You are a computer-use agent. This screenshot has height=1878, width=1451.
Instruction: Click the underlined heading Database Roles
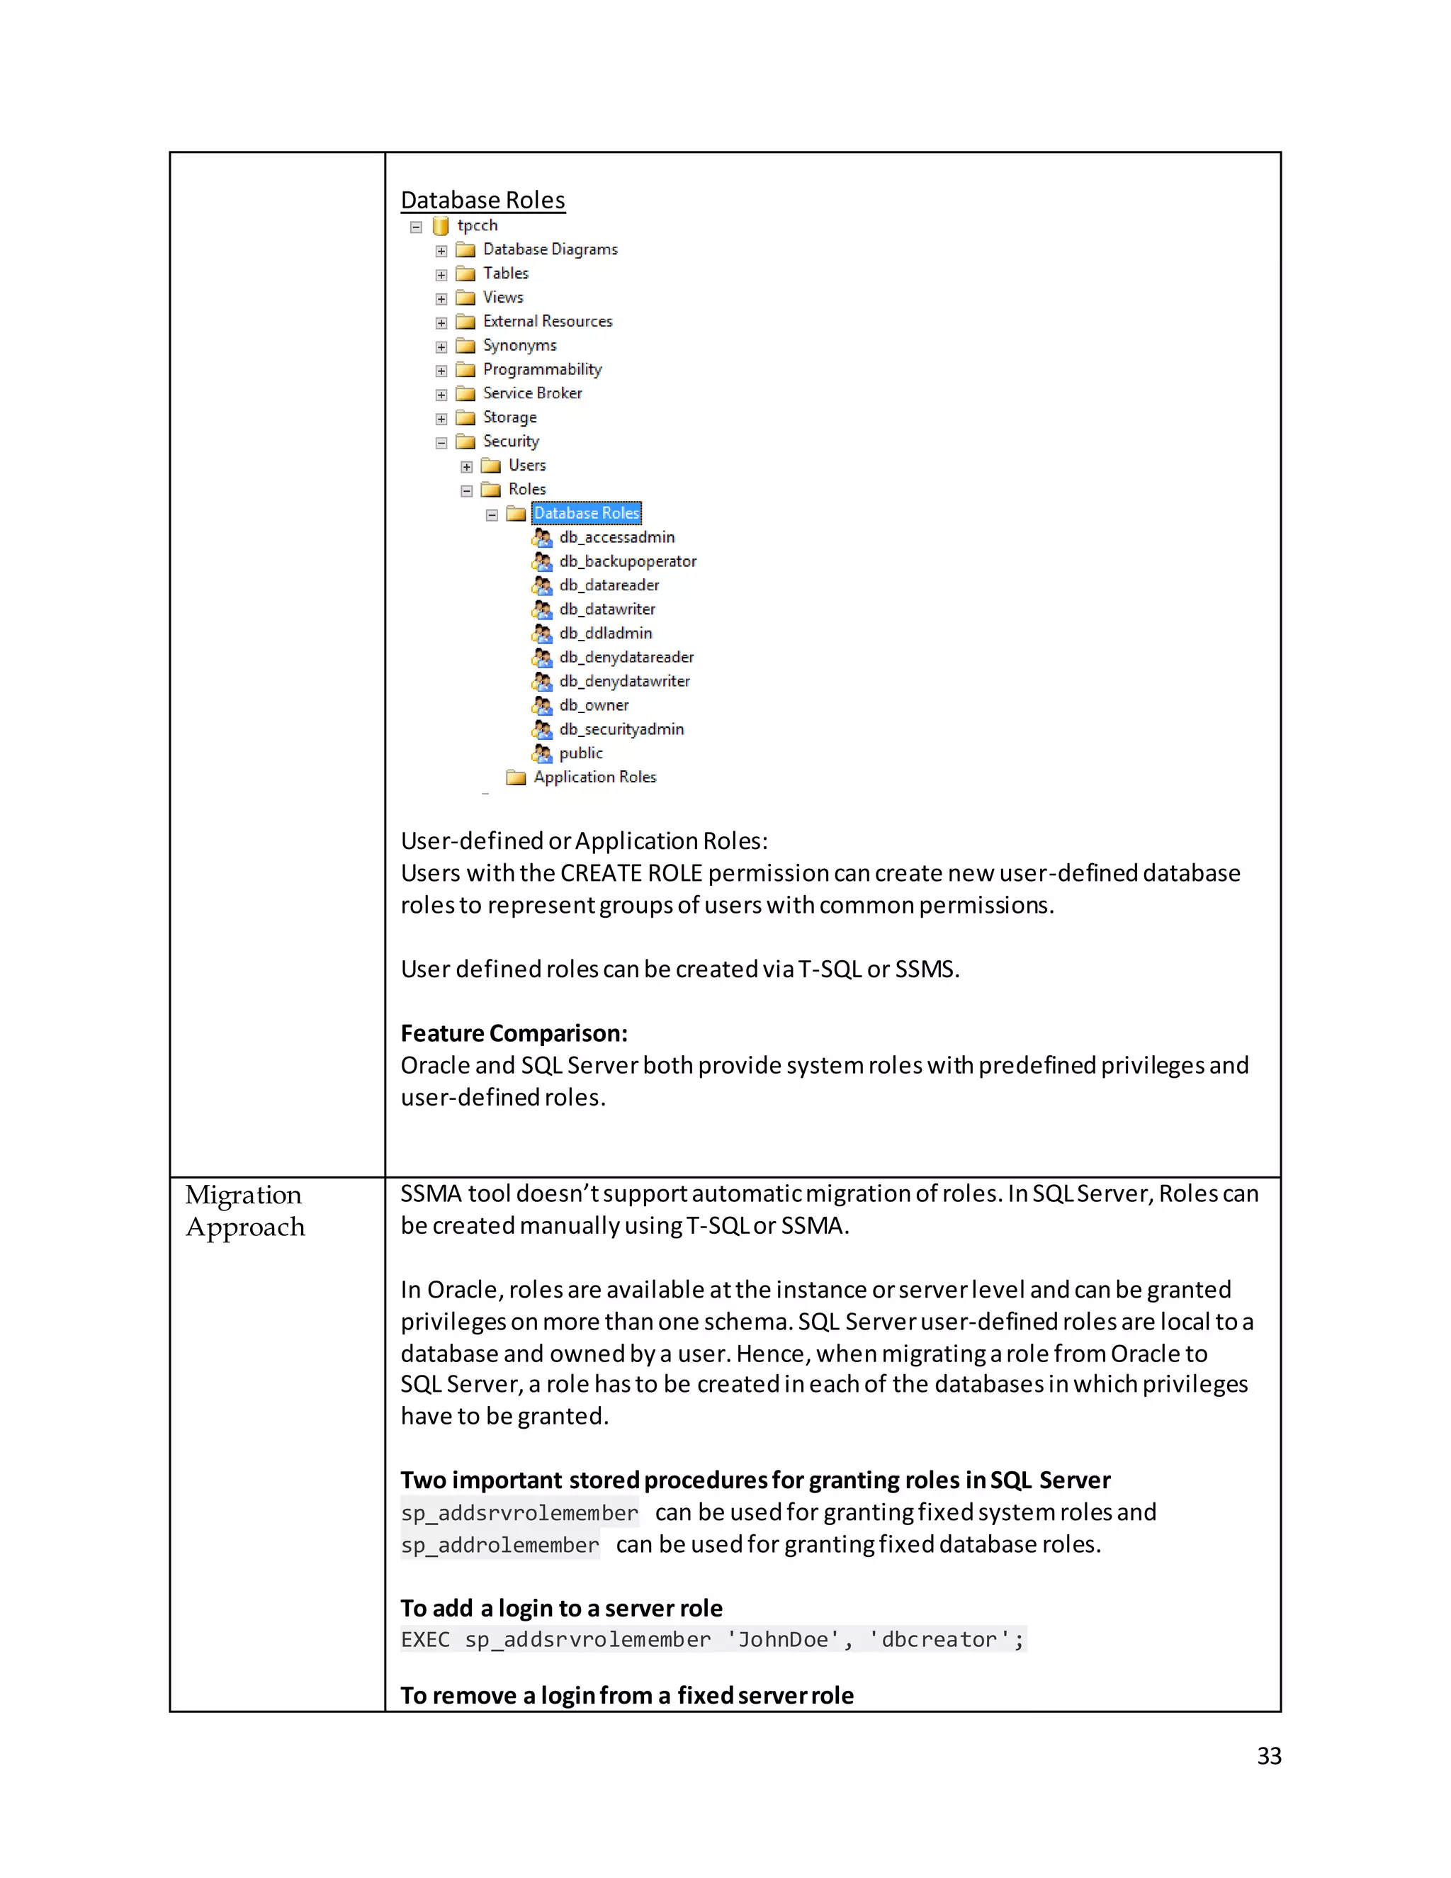point(482,201)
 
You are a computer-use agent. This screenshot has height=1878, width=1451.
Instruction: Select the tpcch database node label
point(477,225)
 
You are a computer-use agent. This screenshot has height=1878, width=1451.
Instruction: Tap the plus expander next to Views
point(441,298)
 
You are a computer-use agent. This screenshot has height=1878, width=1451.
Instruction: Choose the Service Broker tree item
point(531,393)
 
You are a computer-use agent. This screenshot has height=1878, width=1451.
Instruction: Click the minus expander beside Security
point(441,443)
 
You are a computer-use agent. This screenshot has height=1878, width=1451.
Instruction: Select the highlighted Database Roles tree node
point(586,513)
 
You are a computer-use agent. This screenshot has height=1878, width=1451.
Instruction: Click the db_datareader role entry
point(609,585)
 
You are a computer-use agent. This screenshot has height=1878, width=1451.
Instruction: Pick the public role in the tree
point(580,753)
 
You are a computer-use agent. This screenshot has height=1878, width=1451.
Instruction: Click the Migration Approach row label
point(245,1210)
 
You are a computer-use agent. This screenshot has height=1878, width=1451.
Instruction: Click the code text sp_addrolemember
point(499,1545)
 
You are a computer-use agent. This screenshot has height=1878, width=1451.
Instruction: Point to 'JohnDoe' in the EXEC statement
point(782,1640)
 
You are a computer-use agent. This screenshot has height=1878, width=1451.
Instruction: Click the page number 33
point(1268,1756)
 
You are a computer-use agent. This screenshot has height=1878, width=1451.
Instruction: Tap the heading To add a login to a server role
point(561,1608)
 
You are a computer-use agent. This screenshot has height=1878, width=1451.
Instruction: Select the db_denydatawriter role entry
point(624,681)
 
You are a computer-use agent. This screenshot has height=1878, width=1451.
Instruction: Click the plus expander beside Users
point(467,467)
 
